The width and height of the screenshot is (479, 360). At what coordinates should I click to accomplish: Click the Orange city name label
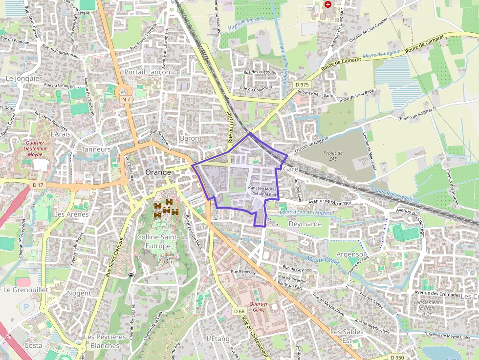[x=158, y=172]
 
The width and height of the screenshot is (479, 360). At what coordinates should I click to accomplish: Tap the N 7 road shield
[x=127, y=99]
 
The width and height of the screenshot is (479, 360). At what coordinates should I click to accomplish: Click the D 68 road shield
[x=239, y=311]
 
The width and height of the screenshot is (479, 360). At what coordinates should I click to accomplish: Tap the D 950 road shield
[x=397, y=357]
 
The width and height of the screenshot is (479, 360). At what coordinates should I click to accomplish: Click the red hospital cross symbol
[x=328, y=4]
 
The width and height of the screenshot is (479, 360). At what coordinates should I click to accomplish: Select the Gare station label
[x=290, y=169]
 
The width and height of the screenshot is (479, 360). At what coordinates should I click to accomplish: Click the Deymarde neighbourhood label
[x=305, y=224]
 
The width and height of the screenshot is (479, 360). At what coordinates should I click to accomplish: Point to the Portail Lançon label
[x=147, y=72]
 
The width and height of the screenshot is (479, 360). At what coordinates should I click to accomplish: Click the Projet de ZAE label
[x=333, y=156]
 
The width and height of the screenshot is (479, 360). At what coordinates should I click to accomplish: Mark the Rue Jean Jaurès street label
[x=262, y=188]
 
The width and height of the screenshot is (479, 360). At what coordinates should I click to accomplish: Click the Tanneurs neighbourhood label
[x=96, y=149]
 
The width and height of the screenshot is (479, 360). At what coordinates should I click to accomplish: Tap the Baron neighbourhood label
[x=190, y=138]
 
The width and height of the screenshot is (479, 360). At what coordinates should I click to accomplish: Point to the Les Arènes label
[x=71, y=214]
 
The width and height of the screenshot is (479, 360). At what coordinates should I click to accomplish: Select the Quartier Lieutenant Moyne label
[x=33, y=148]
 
